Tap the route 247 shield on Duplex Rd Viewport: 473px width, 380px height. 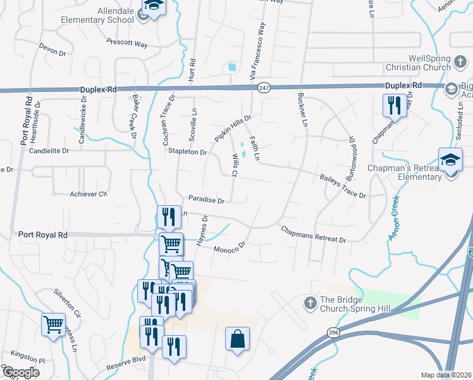(264, 90)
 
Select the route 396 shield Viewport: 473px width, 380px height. (333, 332)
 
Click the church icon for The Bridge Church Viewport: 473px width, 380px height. (310, 303)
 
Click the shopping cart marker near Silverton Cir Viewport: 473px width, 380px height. (53, 324)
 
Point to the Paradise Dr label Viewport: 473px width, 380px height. (206, 200)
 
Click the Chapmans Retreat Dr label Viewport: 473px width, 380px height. (314, 236)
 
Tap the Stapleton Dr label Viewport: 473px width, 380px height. (188, 152)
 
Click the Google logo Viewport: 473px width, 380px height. (21, 372)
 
